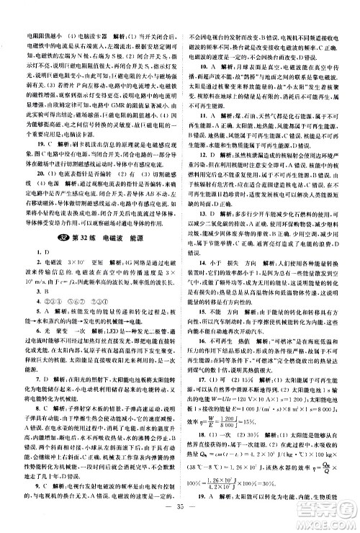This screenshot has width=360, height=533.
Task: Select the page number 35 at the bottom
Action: pos(180,516)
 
